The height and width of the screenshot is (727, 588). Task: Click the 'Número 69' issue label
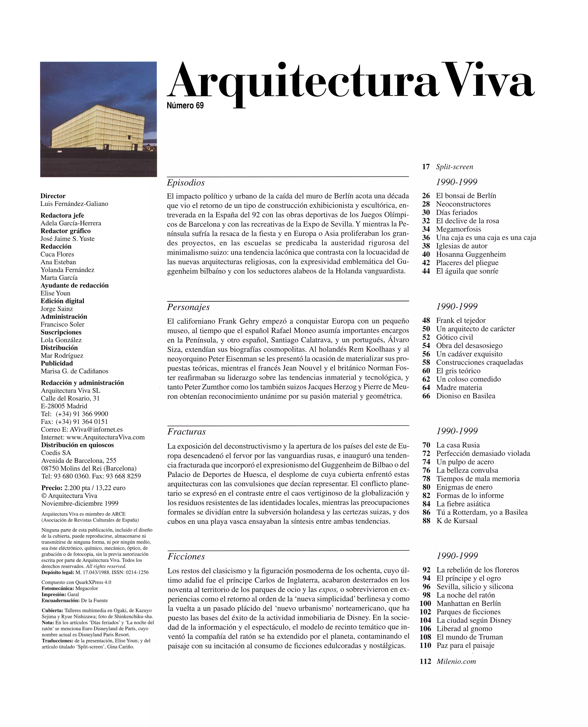pos(185,106)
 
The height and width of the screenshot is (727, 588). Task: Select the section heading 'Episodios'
pos(186,183)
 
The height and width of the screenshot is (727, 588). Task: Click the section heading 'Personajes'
pos(188,307)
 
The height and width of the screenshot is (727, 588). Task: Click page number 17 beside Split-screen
pos(426,167)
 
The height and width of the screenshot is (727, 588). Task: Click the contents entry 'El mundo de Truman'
pos(469,637)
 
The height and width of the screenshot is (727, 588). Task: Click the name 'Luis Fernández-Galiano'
pos(74,204)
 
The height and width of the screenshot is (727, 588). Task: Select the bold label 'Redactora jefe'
pos(62,216)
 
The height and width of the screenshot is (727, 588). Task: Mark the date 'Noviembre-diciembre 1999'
pos(80,503)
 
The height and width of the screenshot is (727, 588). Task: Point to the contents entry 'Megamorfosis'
pos(458,229)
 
